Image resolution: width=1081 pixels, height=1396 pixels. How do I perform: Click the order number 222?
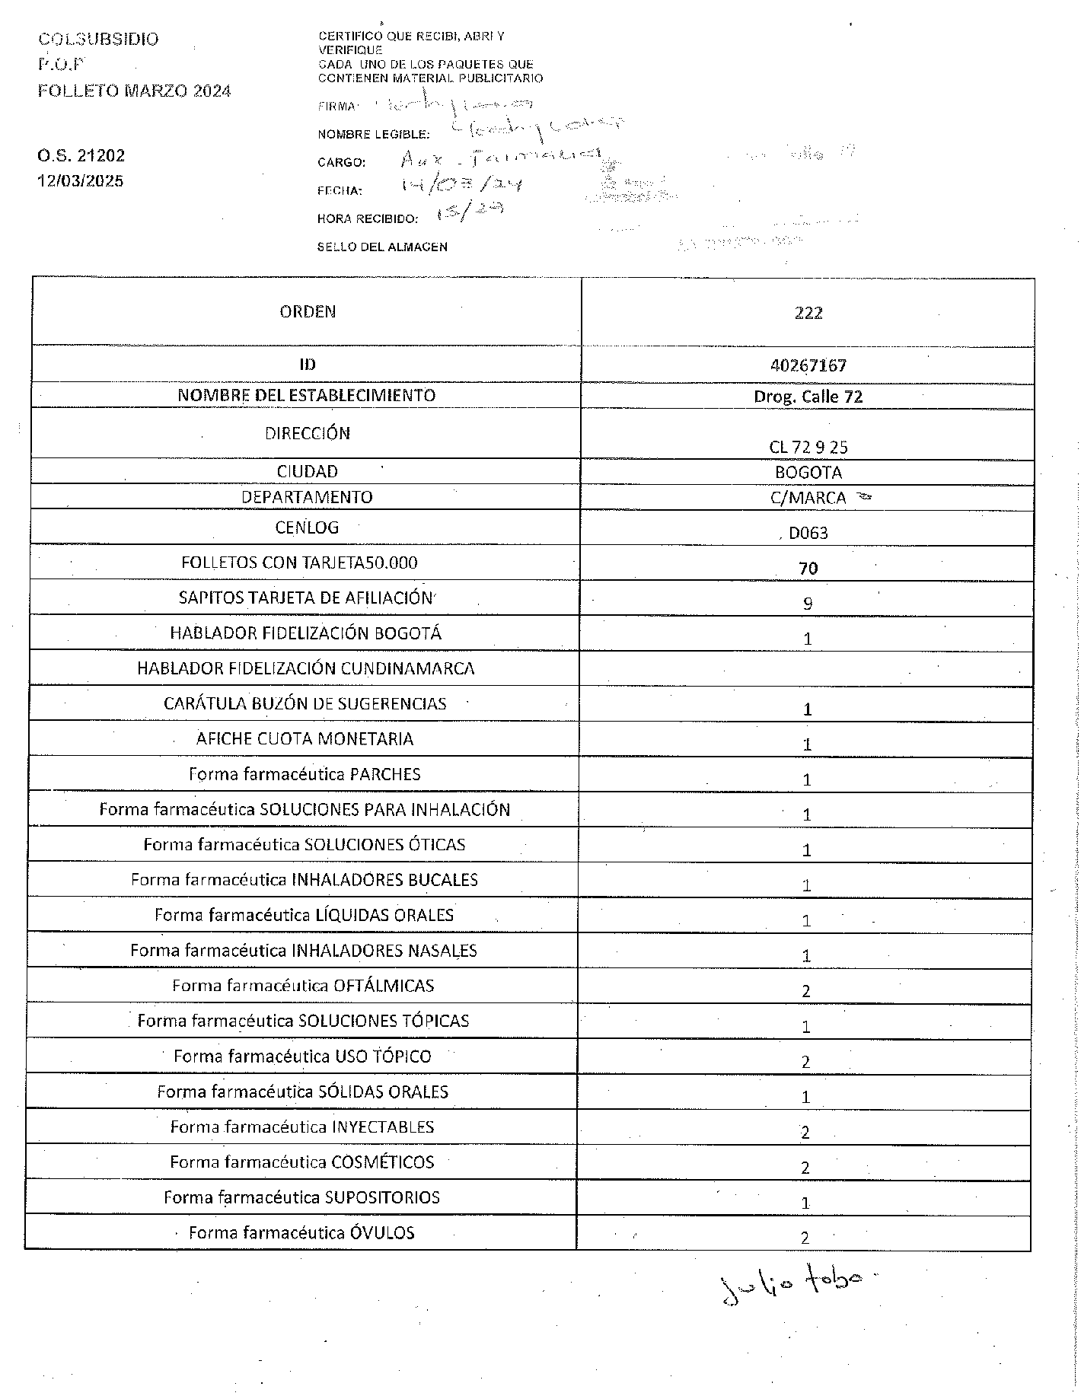(x=808, y=313)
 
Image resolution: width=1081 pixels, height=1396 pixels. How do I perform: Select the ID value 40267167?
(x=808, y=365)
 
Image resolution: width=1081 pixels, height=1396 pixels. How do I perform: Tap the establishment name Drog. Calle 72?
(x=808, y=397)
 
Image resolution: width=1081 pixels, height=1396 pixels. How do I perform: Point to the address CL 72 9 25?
(x=808, y=447)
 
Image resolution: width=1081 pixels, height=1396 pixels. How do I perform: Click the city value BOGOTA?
(x=808, y=472)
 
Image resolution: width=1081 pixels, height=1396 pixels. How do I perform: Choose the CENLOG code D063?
(x=808, y=533)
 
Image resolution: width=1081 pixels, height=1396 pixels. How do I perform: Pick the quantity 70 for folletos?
(x=808, y=569)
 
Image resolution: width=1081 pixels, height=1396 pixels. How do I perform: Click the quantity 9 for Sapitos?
(x=808, y=604)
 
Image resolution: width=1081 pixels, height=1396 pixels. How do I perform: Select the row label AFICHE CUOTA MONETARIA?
(x=305, y=738)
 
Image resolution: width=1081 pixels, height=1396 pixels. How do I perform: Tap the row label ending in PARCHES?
(x=305, y=774)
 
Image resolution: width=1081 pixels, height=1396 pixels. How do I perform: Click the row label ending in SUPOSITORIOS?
(x=301, y=1197)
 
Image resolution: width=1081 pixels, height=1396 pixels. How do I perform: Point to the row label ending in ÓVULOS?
(x=301, y=1232)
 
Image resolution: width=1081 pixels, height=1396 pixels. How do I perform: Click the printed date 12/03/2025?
(x=81, y=181)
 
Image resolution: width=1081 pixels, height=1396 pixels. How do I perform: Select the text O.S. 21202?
(x=81, y=156)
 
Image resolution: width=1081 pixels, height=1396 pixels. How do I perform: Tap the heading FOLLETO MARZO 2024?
(x=134, y=91)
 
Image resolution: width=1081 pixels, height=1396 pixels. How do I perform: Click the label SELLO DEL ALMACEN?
(x=382, y=247)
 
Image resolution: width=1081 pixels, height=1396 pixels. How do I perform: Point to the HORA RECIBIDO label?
(x=367, y=219)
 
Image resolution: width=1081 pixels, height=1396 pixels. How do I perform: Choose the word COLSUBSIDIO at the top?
(x=98, y=40)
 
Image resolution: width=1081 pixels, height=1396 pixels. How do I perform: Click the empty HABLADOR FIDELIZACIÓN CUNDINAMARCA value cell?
(x=805, y=668)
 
